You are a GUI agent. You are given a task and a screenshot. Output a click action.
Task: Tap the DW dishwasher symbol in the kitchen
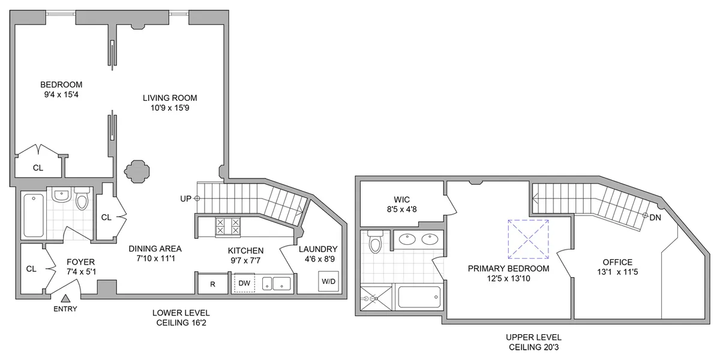(x=244, y=283)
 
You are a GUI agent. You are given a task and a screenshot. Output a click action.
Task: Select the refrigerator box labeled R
(x=212, y=283)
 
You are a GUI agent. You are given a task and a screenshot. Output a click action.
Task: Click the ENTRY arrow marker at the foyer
(x=65, y=299)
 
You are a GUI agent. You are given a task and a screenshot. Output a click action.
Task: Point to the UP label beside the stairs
(x=187, y=198)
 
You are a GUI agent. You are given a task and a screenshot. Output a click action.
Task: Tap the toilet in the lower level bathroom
(x=82, y=200)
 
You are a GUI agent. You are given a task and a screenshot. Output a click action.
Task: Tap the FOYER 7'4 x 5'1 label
(x=80, y=266)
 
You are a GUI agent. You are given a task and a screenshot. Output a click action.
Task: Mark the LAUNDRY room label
(x=318, y=254)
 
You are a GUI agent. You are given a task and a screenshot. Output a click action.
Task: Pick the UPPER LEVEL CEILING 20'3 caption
(x=534, y=342)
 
